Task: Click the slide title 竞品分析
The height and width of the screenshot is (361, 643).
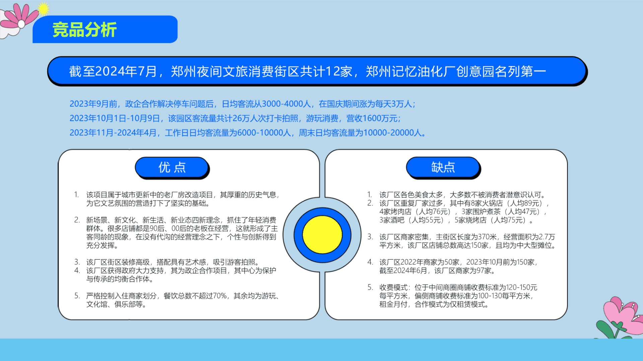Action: pos(84,30)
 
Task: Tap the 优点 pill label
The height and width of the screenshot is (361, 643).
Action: pos(172,167)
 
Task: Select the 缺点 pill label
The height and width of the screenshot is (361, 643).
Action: pos(443,167)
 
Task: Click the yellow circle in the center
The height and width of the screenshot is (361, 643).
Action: pos(322,235)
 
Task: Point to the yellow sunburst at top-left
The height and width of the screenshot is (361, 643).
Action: pos(43,9)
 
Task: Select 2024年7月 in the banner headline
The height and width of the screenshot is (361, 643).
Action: pos(126,72)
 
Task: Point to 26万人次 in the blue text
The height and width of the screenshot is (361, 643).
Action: pos(253,118)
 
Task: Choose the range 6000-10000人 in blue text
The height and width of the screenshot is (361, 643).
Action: pos(264,133)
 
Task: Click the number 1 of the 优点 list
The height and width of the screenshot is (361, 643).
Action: pos(76,195)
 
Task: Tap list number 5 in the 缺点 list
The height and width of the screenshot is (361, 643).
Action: pos(370,287)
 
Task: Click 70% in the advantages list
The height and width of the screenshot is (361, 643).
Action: pos(220,296)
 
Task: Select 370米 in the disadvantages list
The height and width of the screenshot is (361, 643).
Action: pos(487,237)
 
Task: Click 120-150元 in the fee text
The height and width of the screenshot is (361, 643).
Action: pos(521,287)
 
